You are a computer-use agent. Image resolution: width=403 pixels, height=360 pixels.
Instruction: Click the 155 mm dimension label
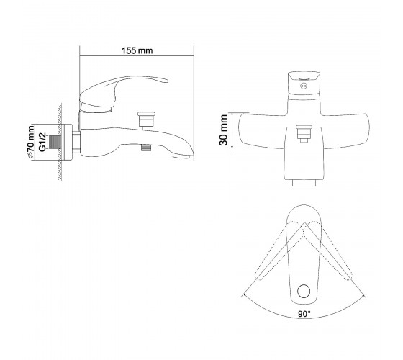pyautogui.click(x=137, y=50)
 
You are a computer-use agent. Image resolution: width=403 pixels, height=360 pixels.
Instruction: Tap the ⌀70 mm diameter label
pyautogui.click(x=30, y=142)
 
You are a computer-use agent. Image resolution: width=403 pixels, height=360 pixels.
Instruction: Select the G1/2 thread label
pyautogui.click(x=42, y=142)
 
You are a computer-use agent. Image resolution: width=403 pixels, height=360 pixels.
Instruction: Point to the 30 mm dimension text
pyautogui.click(x=223, y=130)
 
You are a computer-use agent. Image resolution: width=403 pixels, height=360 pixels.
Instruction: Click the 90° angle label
pyautogui.click(x=304, y=314)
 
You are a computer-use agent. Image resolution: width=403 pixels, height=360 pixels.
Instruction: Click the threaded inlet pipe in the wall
pyautogui.click(x=55, y=143)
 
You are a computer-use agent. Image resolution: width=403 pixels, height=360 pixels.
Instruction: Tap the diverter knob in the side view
pyautogui.click(x=146, y=120)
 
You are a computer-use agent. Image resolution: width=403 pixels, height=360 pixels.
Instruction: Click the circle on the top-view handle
pyautogui.click(x=304, y=292)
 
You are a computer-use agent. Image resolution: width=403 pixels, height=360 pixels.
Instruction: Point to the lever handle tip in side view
pyautogui.click(x=166, y=81)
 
